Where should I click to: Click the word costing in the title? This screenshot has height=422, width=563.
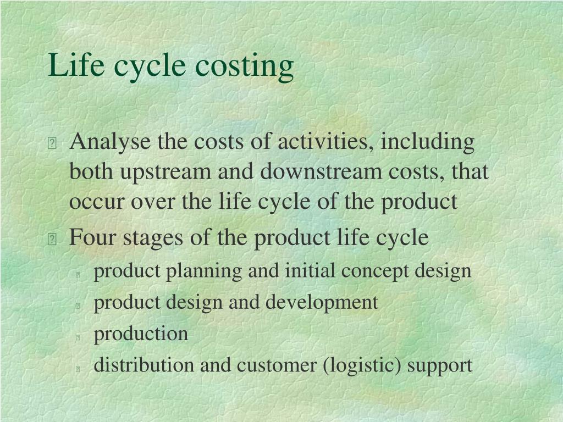(x=245, y=66)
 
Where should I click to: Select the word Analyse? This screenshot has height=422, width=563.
(x=110, y=142)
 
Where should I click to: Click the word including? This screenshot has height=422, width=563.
(x=428, y=142)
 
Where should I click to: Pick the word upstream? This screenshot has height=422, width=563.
(x=165, y=172)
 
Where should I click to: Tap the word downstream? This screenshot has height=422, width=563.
(x=321, y=171)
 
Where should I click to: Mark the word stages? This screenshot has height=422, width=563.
(x=153, y=238)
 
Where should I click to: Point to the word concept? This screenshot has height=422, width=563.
(x=375, y=272)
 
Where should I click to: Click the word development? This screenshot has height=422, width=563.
(x=322, y=303)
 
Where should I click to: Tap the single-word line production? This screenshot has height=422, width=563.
(x=141, y=335)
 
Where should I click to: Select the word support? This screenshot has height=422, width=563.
(x=440, y=367)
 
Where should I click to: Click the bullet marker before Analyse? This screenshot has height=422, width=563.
(x=52, y=143)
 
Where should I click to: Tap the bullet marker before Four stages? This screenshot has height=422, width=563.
(x=52, y=239)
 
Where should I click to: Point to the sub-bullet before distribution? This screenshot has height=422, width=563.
(x=78, y=369)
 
